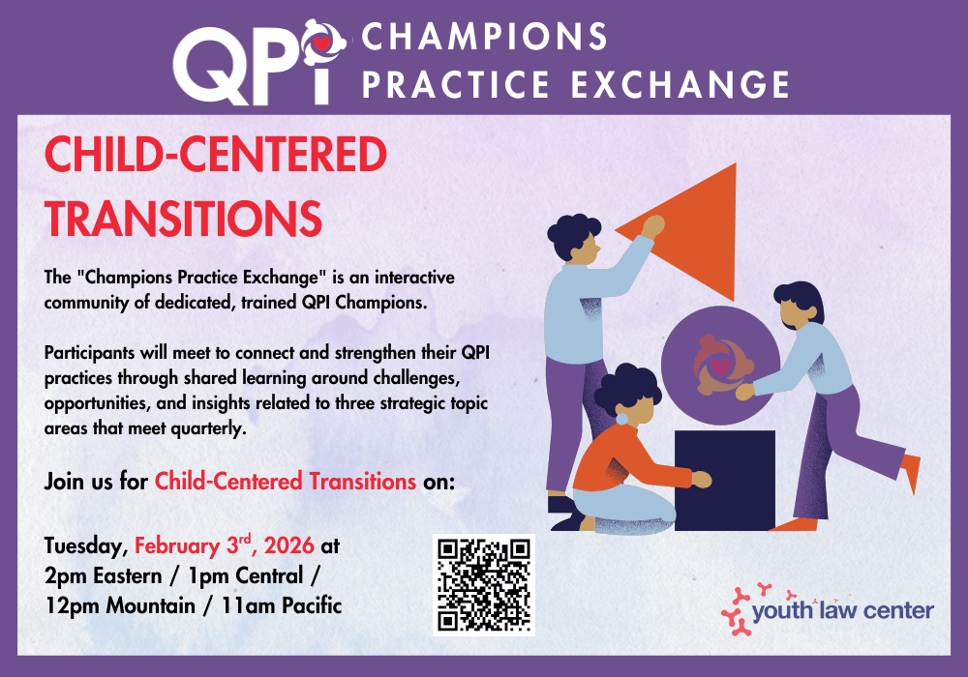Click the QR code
tap(483, 584)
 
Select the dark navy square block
tap(724, 481)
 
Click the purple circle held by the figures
tap(720, 366)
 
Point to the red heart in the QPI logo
tap(321, 44)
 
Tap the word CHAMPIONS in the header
tap(484, 37)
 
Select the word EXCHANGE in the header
tap(681, 84)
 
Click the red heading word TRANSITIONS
tap(183, 219)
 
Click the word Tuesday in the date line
tap(86, 546)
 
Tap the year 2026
tap(288, 545)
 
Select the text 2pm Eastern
tap(104, 575)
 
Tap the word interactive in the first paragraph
tap(414, 278)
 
